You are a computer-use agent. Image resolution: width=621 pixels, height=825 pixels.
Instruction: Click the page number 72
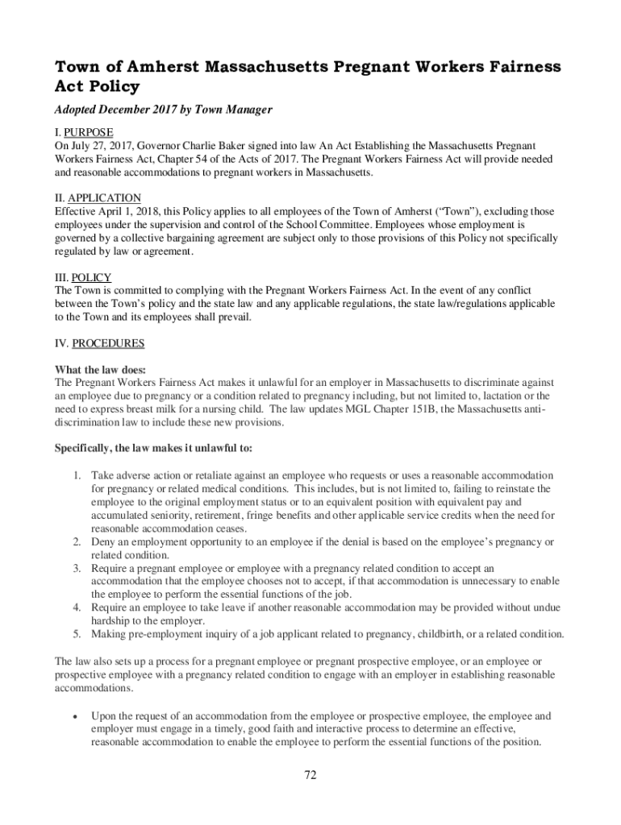pyautogui.click(x=310, y=775)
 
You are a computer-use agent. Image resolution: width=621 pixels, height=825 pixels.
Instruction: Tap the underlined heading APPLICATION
pyautogui.click(x=105, y=198)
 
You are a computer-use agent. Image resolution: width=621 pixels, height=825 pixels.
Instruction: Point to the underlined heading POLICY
pyautogui.click(x=92, y=278)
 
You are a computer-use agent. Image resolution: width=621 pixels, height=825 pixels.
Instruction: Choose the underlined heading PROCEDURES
pyautogui.click(x=108, y=344)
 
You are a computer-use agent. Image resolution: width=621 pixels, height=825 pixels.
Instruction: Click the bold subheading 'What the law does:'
pyautogui.click(x=100, y=370)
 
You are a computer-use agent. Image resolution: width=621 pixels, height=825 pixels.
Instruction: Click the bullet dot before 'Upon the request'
pyautogui.click(x=75, y=715)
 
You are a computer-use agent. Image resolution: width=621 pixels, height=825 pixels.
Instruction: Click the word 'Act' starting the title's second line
pyautogui.click(x=70, y=86)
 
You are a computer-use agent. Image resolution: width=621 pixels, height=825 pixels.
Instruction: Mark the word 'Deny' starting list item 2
pyautogui.click(x=103, y=542)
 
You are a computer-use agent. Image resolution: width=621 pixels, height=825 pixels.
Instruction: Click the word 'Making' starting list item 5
pyautogui.click(x=108, y=634)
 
